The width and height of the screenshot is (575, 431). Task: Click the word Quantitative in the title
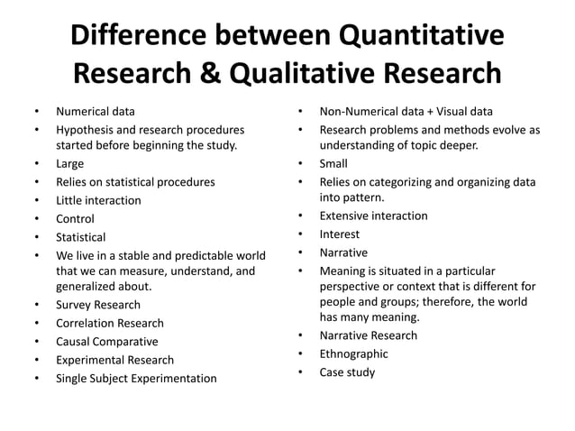(419, 36)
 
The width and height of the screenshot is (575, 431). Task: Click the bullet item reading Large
(69, 163)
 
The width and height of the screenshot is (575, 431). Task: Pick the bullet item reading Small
(333, 163)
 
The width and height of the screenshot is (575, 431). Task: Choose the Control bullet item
(75, 218)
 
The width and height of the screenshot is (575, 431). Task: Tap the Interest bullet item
(340, 234)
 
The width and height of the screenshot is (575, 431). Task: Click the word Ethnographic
(353, 353)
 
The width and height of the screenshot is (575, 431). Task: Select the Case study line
(347, 371)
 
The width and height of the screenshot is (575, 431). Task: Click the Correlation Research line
(110, 323)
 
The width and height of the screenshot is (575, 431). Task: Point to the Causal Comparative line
(106, 342)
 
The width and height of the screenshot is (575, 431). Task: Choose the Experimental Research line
(114, 360)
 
